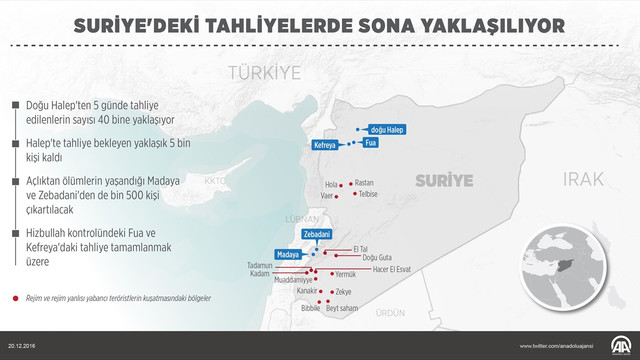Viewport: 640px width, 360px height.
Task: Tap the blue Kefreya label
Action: (x=325, y=146)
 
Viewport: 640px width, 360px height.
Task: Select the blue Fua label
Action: (x=370, y=143)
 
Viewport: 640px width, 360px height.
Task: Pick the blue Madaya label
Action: (x=288, y=255)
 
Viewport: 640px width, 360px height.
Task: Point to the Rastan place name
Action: (x=364, y=183)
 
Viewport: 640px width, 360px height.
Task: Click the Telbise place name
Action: (x=367, y=194)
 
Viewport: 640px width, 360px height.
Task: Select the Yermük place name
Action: (x=345, y=274)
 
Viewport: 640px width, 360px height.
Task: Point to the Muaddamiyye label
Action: (x=293, y=281)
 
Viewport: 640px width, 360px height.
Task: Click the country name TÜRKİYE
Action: (x=264, y=72)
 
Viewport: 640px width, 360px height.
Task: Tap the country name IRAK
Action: (x=583, y=178)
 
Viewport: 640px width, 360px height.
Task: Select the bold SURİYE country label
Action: (x=444, y=181)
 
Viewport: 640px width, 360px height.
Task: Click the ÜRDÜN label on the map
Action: (x=389, y=313)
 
